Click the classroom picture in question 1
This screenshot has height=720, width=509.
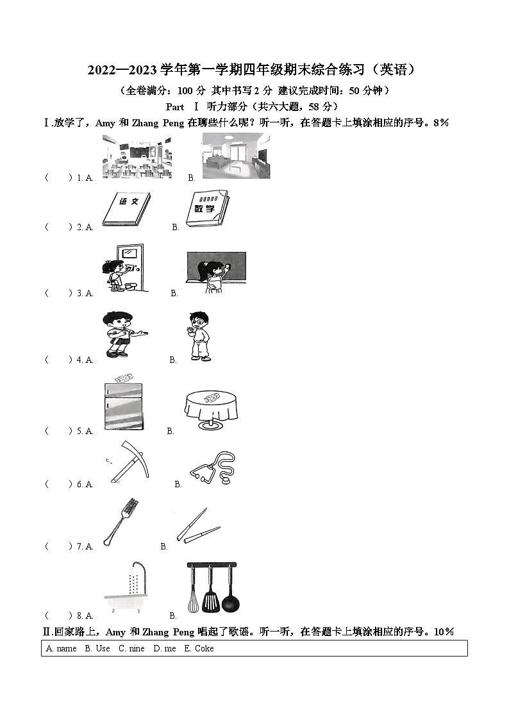pos(137,156)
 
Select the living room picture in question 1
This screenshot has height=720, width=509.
pos(236,156)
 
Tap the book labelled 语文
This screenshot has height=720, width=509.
pos(126,208)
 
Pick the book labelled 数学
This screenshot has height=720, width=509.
pos(206,208)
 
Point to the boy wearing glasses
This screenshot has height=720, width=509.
pos(198,337)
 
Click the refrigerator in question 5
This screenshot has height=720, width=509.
pos(123,408)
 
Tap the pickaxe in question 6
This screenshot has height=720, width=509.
pos(128,462)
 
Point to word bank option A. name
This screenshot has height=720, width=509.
pos(62,648)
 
